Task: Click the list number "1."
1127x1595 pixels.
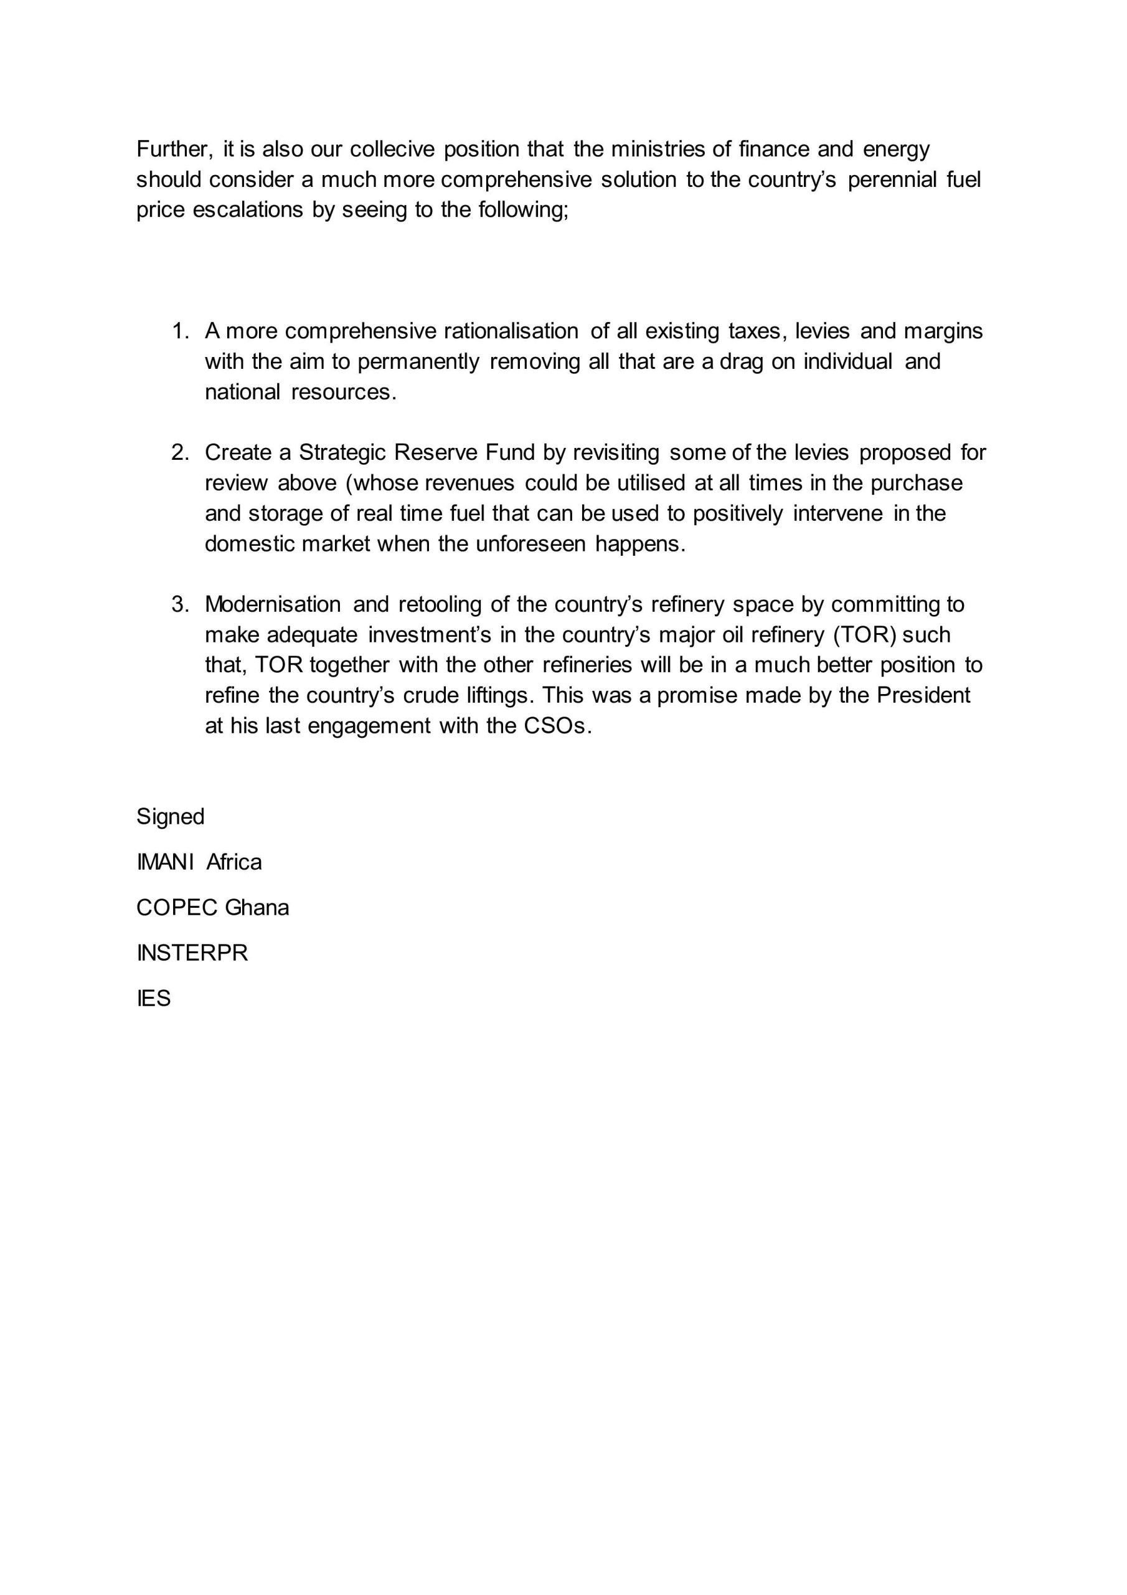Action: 181,331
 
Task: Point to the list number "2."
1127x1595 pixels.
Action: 181,453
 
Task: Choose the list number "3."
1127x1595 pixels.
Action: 181,604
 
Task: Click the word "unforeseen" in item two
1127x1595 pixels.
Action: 530,544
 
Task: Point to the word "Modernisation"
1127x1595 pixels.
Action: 273,604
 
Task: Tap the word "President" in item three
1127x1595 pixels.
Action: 923,695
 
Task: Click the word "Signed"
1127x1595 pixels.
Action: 170,817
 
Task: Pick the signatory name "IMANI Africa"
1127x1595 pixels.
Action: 199,862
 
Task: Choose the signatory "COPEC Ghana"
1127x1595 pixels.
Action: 212,908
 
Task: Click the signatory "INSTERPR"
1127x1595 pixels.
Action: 192,953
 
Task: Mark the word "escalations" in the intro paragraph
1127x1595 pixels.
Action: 248,210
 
